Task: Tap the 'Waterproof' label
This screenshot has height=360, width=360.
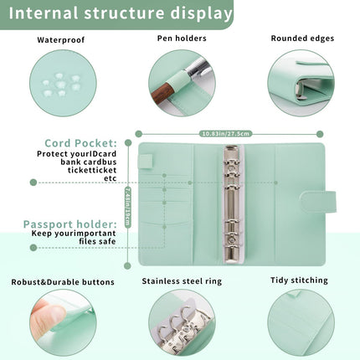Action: click(x=60, y=39)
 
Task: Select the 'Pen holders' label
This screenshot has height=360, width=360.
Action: click(x=182, y=39)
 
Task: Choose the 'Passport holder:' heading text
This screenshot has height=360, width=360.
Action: click(x=69, y=224)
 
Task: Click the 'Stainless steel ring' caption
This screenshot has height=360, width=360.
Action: click(x=182, y=282)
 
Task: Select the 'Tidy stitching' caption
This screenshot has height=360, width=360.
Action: click(x=299, y=281)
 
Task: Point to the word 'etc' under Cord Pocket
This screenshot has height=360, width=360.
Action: click(x=110, y=178)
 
